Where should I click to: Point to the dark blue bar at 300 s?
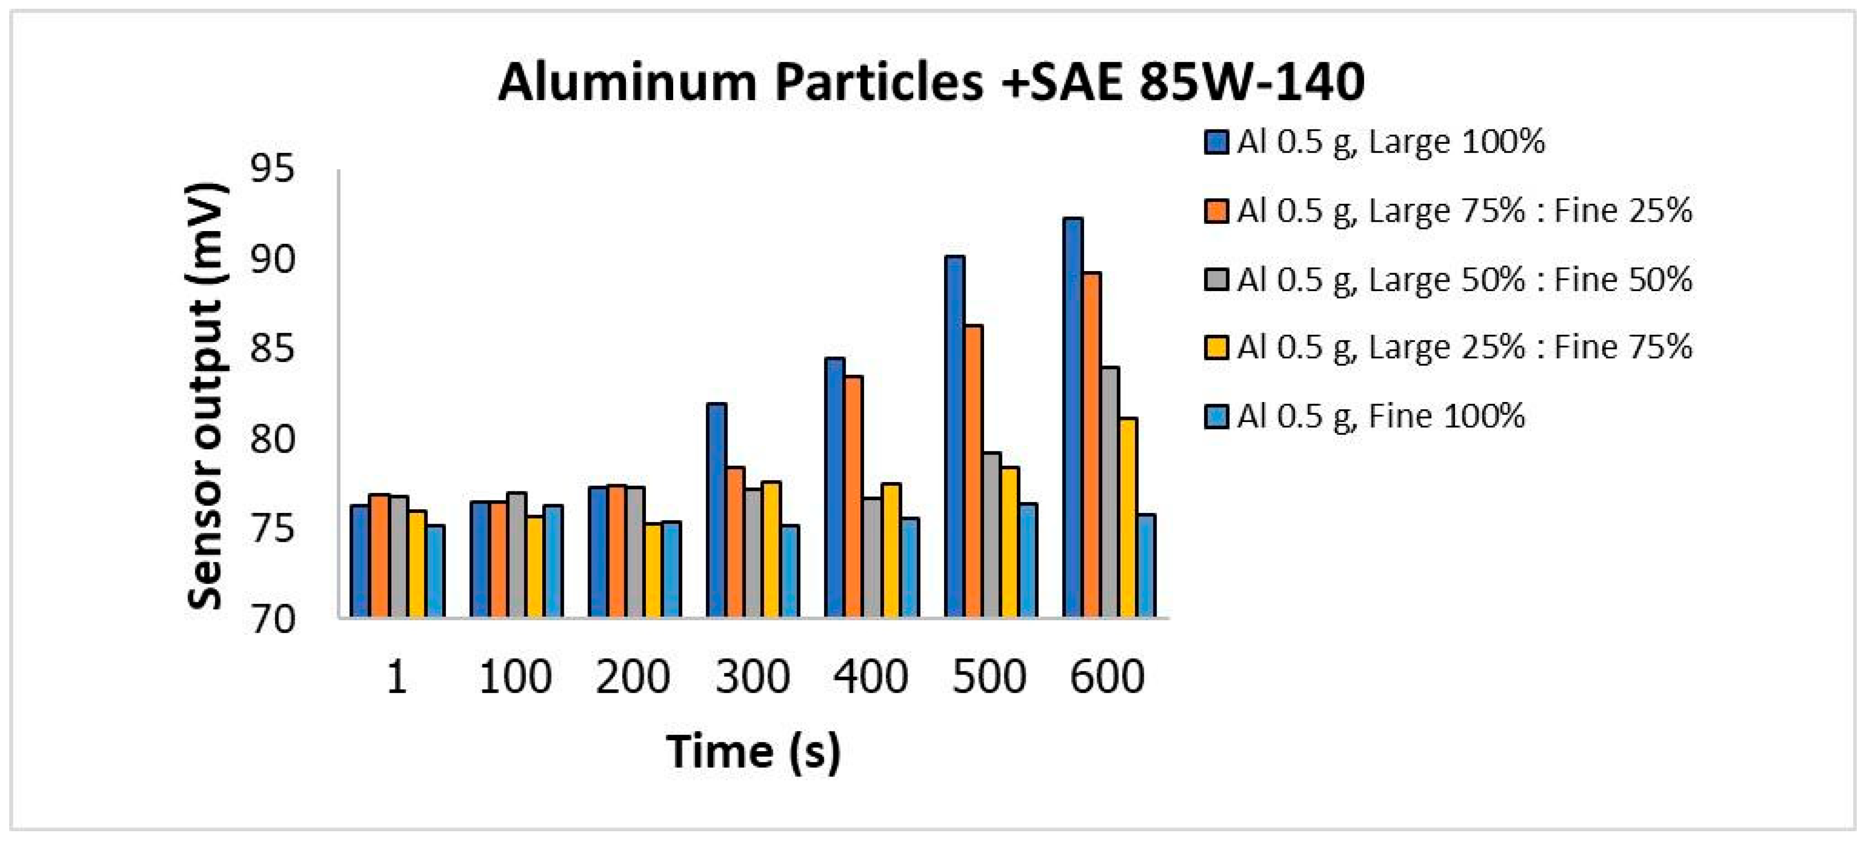pos(716,510)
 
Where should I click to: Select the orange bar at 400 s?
pos(853,496)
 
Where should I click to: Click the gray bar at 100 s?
pos(517,554)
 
